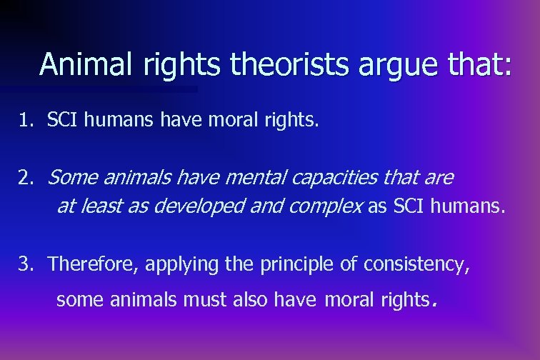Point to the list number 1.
26,121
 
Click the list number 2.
26,177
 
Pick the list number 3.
26,264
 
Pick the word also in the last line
251,300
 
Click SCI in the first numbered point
63,121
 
